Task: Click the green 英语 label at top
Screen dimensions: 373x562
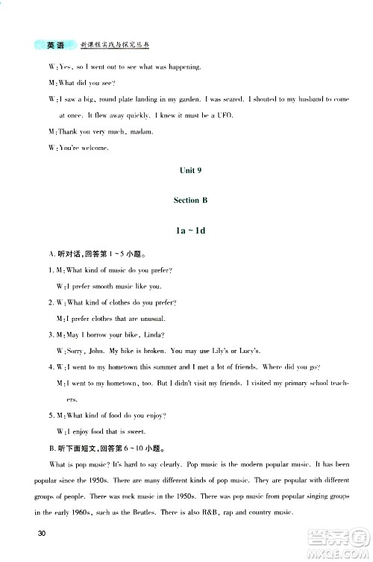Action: click(54, 46)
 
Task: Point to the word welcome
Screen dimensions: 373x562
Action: click(94, 148)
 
